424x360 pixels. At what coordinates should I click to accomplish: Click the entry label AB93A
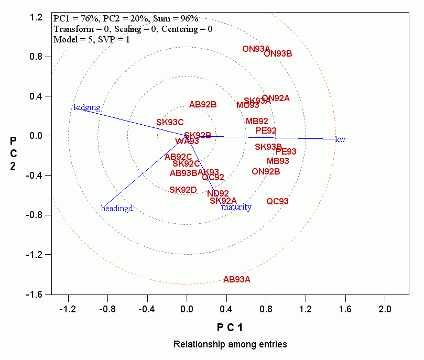[x=237, y=280]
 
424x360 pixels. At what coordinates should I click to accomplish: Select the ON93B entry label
[x=278, y=53]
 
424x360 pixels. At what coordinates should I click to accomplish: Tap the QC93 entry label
[x=277, y=202]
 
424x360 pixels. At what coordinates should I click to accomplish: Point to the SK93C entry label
[x=170, y=123]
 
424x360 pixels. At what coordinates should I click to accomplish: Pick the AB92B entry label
[x=203, y=104]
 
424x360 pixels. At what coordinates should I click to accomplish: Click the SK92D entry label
[x=183, y=190]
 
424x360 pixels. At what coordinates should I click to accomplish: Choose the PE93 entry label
[x=286, y=152]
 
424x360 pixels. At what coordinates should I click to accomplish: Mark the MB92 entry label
[x=257, y=122]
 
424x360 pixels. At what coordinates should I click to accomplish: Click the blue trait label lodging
[x=86, y=108]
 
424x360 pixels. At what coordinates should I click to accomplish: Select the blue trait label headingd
[x=117, y=209]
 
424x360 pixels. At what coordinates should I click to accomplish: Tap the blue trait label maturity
[x=236, y=207]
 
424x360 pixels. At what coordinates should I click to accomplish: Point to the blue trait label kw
[x=340, y=139]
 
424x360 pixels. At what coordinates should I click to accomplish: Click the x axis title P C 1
[x=230, y=328]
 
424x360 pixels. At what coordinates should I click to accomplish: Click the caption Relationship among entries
[x=230, y=344]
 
